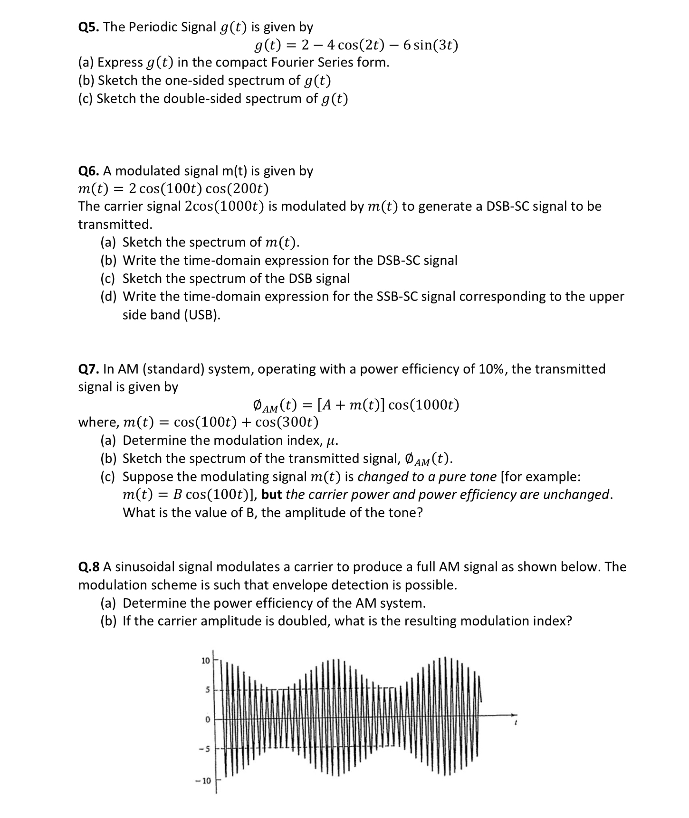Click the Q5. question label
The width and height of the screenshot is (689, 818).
coord(88,27)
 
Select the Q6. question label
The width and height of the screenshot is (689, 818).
coord(88,171)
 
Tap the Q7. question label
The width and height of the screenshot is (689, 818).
coord(88,369)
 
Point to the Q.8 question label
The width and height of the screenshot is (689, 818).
coord(89,567)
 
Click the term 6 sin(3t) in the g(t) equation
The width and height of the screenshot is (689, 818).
coord(431,46)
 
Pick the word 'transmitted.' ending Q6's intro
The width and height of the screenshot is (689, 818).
coord(115,224)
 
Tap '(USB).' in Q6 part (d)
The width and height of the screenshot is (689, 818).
coord(202,315)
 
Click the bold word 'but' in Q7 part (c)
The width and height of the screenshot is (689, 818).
coord(272,495)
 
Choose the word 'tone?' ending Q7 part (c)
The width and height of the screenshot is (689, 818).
coord(405,513)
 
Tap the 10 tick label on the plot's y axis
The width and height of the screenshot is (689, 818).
coord(205,660)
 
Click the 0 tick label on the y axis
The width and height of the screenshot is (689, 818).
coord(207,720)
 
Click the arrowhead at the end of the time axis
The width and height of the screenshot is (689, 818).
coord(513,715)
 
